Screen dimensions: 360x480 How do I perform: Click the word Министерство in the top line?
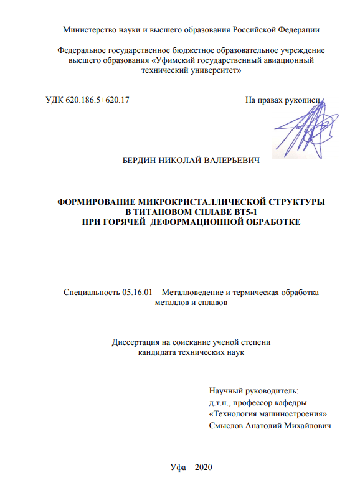88,29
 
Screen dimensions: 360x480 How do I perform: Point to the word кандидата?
157,352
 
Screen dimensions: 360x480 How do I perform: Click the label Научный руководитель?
254,392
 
